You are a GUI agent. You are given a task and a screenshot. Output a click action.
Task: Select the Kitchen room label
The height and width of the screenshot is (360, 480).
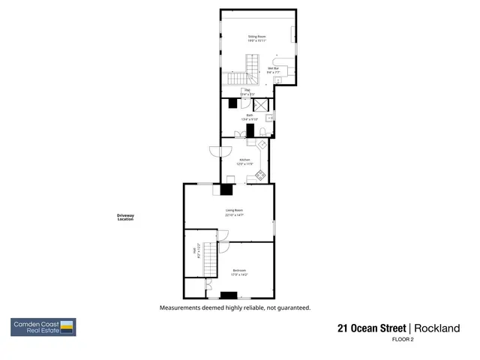click(x=244, y=160)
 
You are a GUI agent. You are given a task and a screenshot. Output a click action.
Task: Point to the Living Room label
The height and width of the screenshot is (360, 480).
click(x=234, y=210)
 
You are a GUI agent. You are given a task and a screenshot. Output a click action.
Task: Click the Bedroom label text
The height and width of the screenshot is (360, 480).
click(x=239, y=270)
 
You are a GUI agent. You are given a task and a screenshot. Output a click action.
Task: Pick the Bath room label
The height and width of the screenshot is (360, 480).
click(x=249, y=115)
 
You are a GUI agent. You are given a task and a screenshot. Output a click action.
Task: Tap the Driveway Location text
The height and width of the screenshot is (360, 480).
click(x=125, y=217)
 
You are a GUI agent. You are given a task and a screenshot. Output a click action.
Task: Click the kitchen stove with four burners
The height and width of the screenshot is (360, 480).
click(x=260, y=175)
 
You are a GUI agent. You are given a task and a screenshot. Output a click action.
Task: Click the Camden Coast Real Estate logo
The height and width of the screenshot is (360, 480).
click(x=43, y=327)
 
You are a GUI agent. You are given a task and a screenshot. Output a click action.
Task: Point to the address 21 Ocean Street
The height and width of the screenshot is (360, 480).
click(x=371, y=328)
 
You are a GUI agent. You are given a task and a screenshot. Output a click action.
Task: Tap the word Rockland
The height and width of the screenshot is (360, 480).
click(x=435, y=328)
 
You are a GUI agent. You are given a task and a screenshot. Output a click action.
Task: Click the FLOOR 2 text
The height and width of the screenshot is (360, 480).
click(x=403, y=340)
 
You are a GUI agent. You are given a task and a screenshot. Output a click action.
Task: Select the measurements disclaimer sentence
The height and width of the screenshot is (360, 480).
click(x=234, y=307)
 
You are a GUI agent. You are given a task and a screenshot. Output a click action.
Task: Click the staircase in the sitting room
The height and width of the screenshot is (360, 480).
click(x=238, y=78)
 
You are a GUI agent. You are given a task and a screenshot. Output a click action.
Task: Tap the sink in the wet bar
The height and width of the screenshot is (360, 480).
click(x=277, y=79)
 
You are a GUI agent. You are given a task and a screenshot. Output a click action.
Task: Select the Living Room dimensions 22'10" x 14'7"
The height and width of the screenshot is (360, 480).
click(x=234, y=215)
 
